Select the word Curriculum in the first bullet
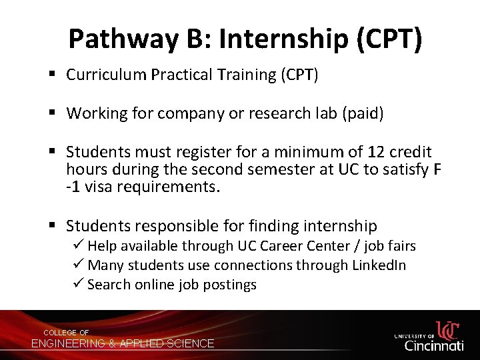106,75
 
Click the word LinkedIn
379,265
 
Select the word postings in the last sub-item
231,285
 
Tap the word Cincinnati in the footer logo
434,345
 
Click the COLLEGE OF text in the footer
66,332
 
